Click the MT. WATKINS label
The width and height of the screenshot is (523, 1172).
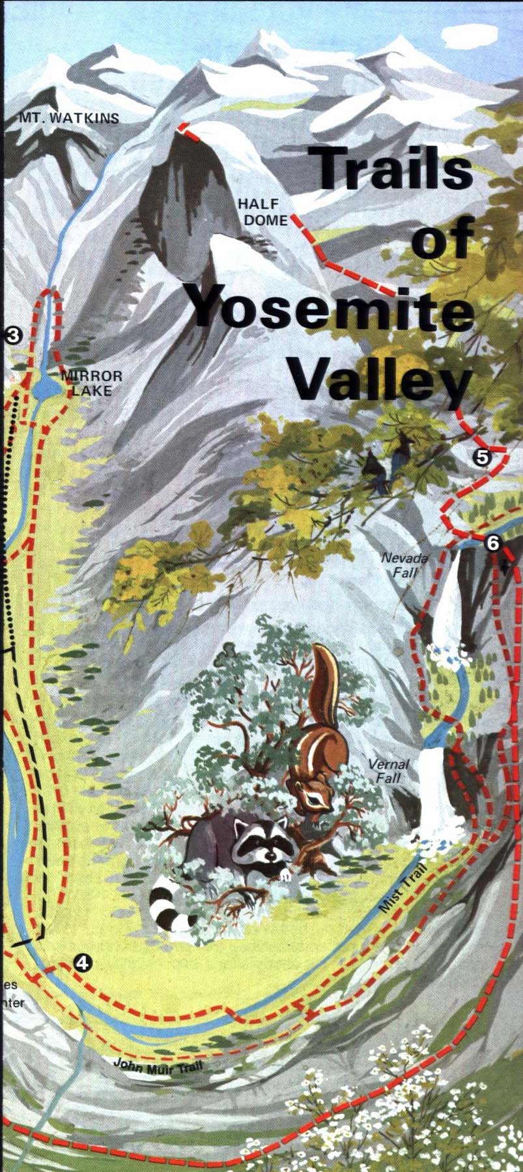point(69,118)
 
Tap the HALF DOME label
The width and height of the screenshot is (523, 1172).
point(265,213)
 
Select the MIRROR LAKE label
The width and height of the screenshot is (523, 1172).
point(92,384)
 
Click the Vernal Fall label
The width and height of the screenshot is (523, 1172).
point(388,771)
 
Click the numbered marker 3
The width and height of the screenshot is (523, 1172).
point(14,335)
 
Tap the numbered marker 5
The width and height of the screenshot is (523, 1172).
point(482,457)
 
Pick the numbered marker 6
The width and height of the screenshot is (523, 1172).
point(492,542)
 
